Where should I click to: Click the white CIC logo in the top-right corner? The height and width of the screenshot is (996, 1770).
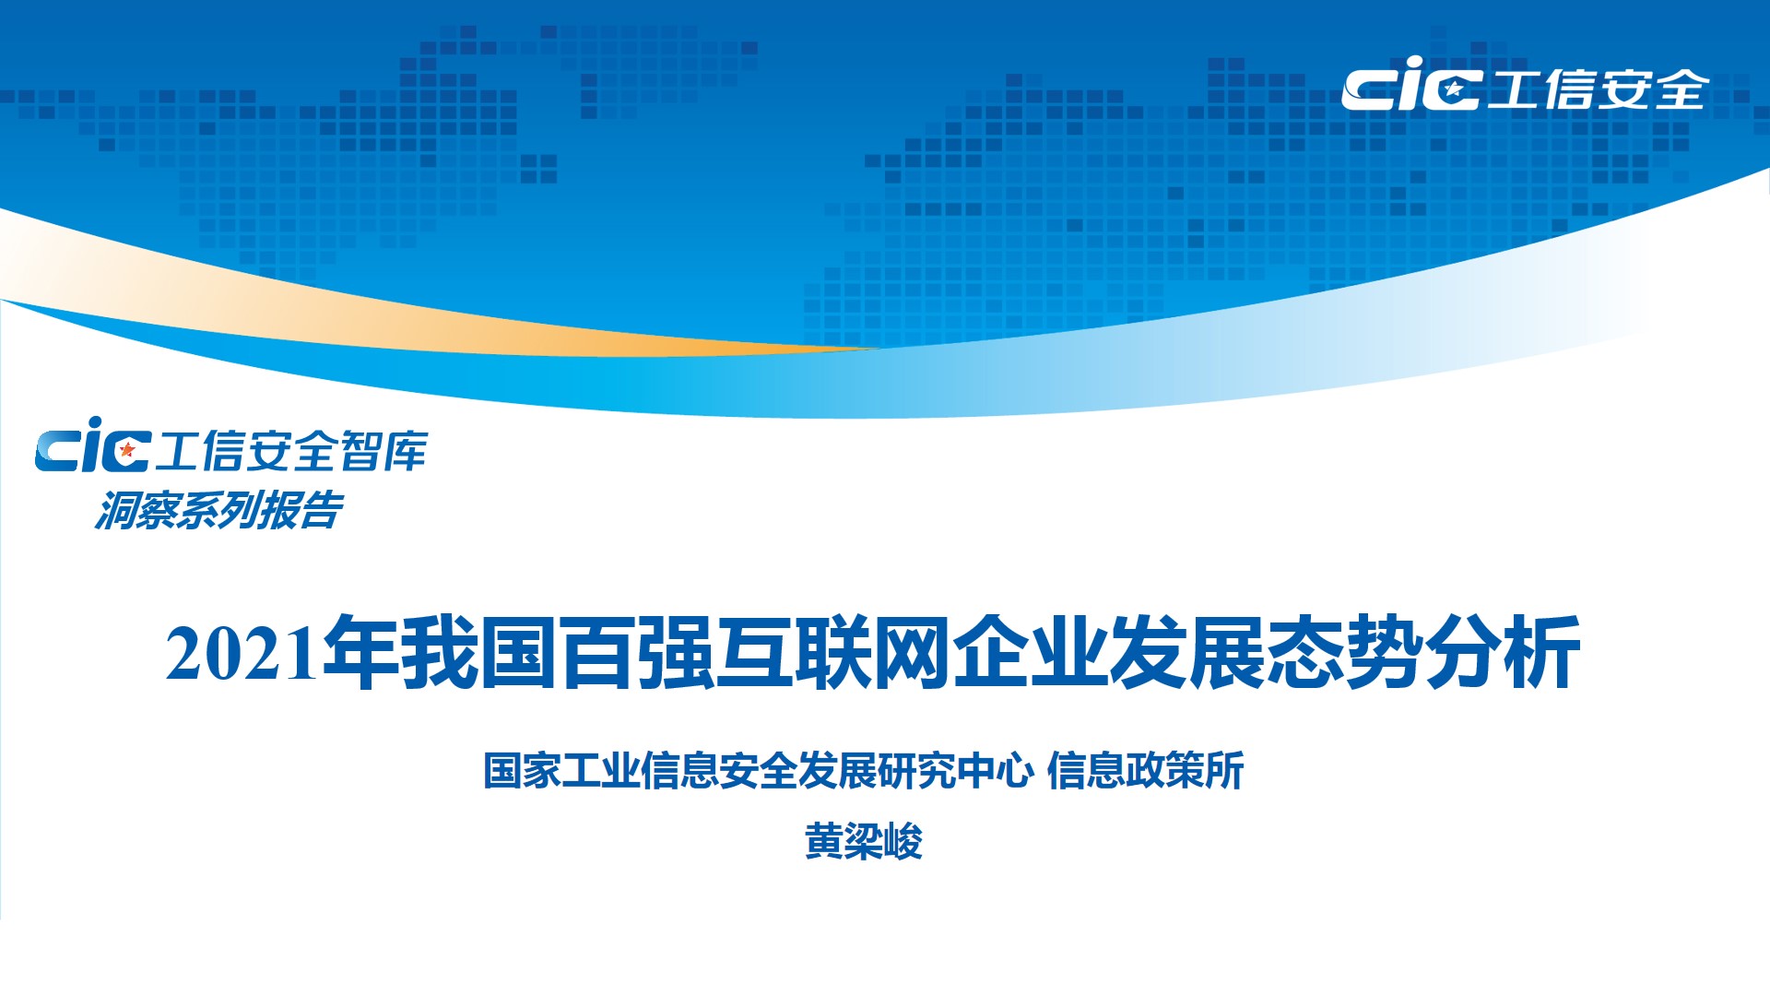tap(1411, 84)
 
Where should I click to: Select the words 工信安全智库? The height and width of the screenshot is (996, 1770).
tap(291, 450)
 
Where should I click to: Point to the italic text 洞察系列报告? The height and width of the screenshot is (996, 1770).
tap(218, 510)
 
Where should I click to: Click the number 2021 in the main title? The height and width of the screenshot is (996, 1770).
tap(242, 654)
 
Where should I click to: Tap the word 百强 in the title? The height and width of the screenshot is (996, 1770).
tap(637, 652)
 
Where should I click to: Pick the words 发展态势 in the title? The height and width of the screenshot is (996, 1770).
tap(1265, 652)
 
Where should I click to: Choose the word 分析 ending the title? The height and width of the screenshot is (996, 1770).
tap(1503, 652)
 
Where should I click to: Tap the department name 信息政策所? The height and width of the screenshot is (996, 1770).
tap(1146, 771)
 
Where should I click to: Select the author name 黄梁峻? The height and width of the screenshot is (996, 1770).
tap(864, 841)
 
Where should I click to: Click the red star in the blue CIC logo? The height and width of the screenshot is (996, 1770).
tap(128, 450)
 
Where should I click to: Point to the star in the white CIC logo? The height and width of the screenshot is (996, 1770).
tap(1454, 89)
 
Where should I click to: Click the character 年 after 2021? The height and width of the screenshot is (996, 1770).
tap(360, 652)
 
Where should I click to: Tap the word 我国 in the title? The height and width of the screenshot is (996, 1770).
tap(479, 652)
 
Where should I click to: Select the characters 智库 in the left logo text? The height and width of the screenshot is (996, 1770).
tap(383, 450)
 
